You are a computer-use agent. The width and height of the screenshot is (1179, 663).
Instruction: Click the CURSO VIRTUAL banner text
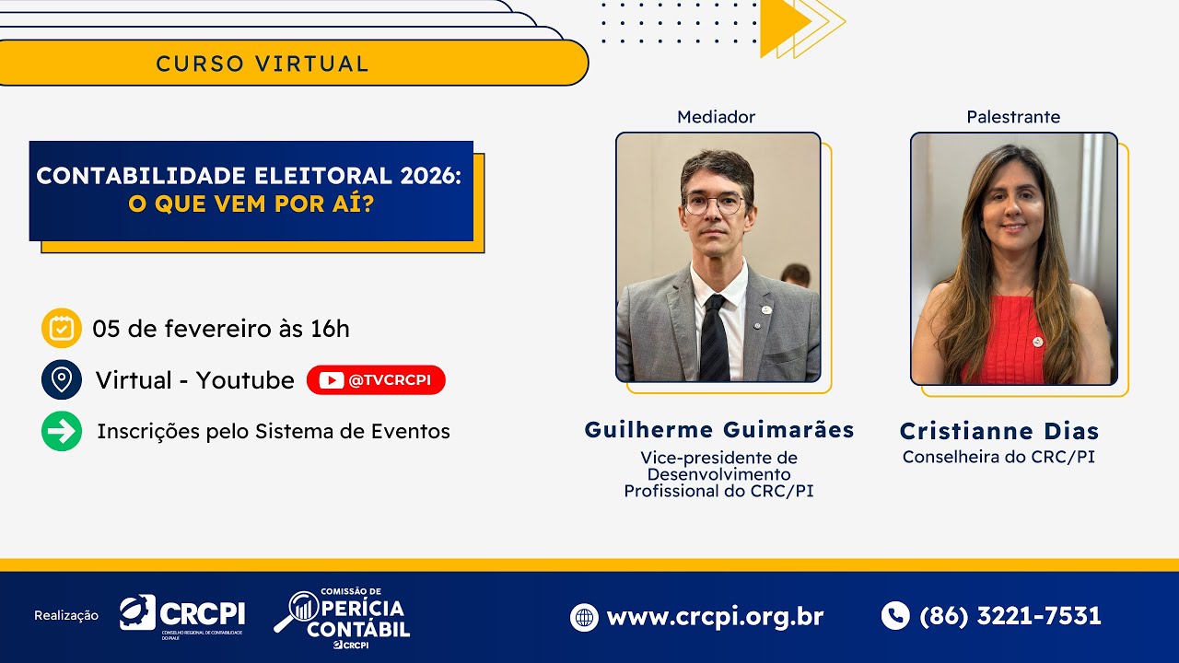point(263,64)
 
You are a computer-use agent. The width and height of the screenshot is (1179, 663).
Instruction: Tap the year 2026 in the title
point(428,176)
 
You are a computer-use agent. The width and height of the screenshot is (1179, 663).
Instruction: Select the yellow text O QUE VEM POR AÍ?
point(251,204)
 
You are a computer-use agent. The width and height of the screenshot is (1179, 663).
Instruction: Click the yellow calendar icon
point(62,328)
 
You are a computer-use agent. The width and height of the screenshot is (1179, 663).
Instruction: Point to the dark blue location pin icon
point(62,379)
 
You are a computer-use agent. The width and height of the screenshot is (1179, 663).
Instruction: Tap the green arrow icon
point(62,431)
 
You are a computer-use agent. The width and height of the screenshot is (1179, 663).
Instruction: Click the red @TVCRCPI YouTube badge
point(376,380)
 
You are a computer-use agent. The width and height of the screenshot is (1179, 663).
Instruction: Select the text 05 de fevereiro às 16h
point(221,329)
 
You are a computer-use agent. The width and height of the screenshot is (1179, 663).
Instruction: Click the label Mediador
point(716,117)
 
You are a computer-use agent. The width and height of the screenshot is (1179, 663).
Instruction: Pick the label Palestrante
point(1013,117)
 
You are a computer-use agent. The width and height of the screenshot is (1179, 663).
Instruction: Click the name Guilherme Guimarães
point(719,430)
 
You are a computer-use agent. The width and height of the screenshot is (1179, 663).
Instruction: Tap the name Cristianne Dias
point(999,431)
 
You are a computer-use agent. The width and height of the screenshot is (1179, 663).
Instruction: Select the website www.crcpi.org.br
point(715,616)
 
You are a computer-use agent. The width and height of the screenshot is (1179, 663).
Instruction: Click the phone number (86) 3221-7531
point(1010,616)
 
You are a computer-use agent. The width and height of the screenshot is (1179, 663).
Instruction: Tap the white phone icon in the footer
point(895,616)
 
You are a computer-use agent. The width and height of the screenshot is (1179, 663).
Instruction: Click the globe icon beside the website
point(584,617)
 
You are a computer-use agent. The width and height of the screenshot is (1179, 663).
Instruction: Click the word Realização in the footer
point(66,616)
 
